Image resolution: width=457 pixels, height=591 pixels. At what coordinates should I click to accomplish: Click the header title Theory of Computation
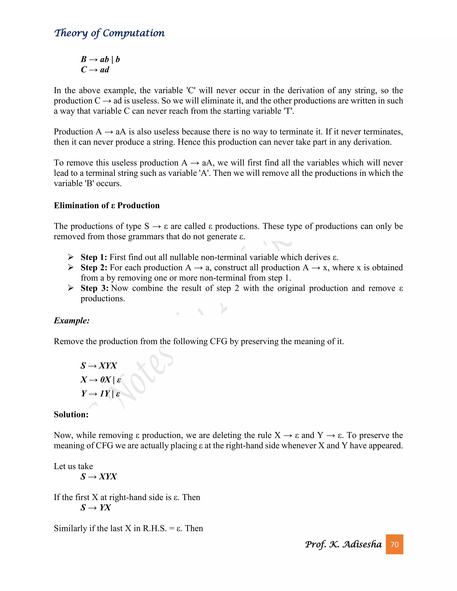click(x=109, y=33)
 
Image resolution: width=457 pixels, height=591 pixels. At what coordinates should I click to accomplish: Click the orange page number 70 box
click(x=394, y=544)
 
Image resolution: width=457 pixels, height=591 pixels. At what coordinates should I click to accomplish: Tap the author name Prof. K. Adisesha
click(x=343, y=544)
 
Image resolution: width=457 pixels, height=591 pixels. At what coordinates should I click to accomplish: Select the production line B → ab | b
click(x=100, y=59)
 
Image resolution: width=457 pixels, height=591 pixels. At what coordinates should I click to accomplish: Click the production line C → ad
click(x=95, y=70)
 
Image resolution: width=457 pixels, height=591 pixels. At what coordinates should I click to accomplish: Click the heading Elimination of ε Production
click(x=107, y=205)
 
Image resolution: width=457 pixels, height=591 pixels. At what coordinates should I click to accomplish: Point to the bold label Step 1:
click(x=94, y=257)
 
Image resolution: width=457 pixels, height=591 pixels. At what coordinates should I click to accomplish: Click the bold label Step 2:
click(x=94, y=267)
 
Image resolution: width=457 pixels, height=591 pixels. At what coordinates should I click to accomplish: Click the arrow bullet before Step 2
click(x=71, y=267)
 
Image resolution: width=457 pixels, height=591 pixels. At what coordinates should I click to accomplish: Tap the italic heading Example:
click(x=71, y=321)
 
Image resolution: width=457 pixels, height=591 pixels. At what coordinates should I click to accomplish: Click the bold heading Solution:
click(x=71, y=414)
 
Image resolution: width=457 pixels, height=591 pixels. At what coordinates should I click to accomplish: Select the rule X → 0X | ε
click(x=100, y=380)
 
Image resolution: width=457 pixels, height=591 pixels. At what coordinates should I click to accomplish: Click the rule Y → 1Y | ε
click(x=100, y=393)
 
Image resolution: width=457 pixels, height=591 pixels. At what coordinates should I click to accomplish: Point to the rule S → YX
click(x=96, y=507)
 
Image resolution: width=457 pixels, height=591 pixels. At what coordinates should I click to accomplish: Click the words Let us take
click(x=73, y=466)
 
